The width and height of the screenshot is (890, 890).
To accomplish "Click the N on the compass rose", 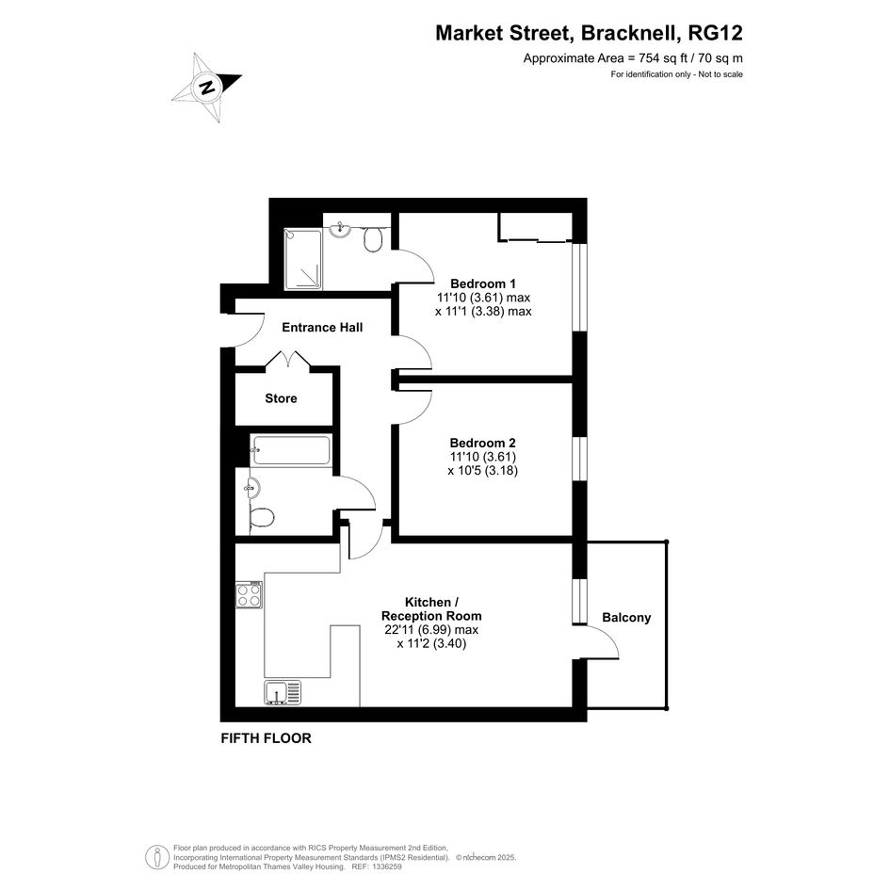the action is coord(208,88).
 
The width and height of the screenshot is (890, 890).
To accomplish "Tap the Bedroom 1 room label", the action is coord(483,283).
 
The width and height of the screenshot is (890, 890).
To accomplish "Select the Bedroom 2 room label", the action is coord(482,443).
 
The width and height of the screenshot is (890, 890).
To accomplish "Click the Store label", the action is coord(281,398).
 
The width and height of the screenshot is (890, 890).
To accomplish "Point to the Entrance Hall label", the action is coord(322,328).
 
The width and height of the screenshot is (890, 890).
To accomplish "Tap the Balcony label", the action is coord(626,618).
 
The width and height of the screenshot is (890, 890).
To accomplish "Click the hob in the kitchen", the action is coord(250,595).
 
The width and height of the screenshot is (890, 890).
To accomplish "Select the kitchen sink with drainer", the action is coord(283,692).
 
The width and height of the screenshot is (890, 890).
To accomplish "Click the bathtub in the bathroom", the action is coord(291,450).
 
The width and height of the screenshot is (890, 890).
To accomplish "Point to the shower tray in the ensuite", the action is coord(303,259).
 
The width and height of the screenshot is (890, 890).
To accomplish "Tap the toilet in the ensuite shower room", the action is coord(372,239).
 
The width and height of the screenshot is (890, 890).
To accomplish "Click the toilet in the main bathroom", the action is coord(262,518).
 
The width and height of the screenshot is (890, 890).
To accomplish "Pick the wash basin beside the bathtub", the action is coord(252,488).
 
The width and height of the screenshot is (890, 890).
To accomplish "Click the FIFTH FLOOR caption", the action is coord(267,738).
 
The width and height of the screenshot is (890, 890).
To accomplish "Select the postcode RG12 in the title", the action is coord(715,33).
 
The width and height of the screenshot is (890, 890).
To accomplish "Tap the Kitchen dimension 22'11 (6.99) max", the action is coord(431,630).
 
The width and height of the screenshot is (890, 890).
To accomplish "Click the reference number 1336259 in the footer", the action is coord(385,866).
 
